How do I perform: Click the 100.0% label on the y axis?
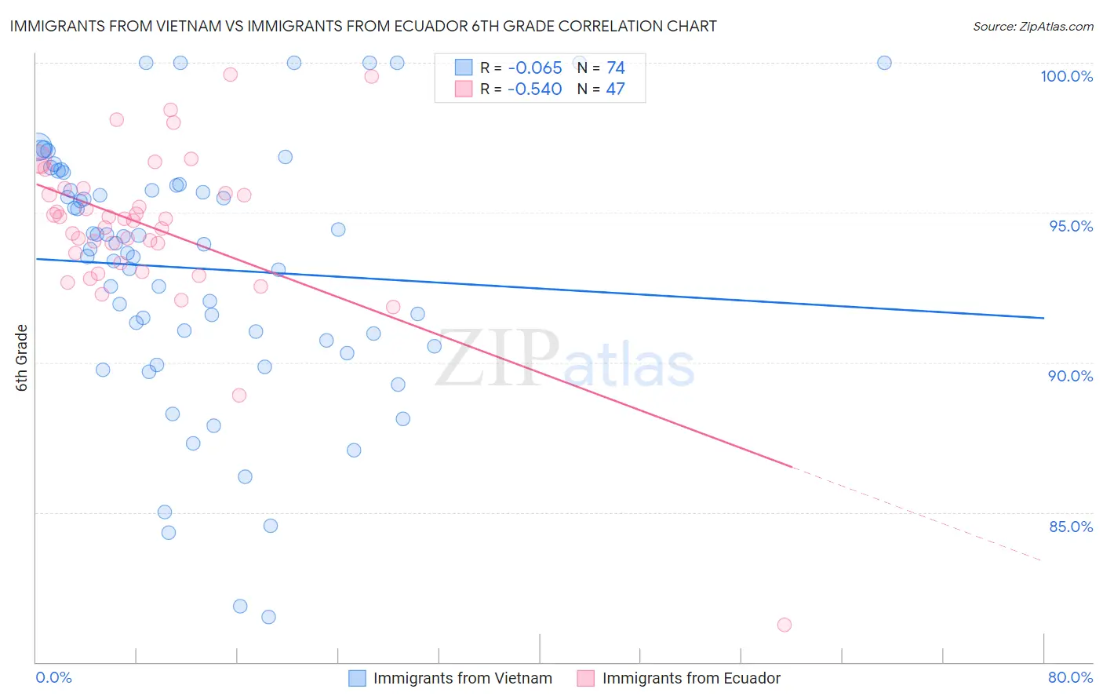point(1066,76)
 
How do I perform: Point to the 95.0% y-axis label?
point(1071,226)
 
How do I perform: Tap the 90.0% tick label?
point(1071,376)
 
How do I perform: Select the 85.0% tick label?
point(1071,527)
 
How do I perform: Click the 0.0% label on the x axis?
point(53,677)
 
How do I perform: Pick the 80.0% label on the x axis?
point(1070,677)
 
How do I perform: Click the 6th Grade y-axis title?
point(22,358)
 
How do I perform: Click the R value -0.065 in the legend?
point(534,68)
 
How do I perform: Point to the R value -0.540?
point(534,89)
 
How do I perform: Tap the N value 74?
point(615,68)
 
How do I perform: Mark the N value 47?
point(615,89)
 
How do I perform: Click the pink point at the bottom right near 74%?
point(784,625)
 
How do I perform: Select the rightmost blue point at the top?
point(884,63)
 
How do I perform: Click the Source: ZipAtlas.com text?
point(1032,27)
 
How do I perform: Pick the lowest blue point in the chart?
point(268,617)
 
